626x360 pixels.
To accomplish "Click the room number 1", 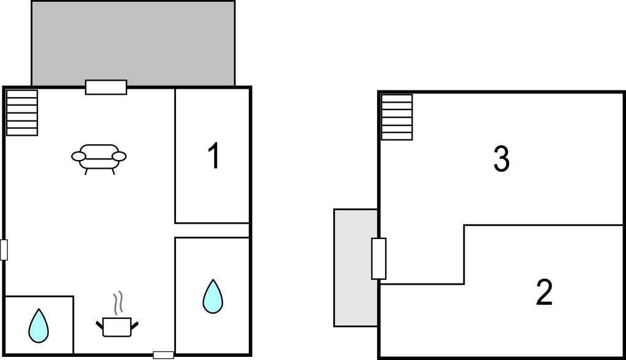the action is point(215,156).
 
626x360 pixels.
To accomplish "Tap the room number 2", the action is point(544,293).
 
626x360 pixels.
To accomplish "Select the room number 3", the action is point(501,159).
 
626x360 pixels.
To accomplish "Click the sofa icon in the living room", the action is point(99,159).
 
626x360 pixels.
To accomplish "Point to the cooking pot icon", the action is point(117,327).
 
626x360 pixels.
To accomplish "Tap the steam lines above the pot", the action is point(118,303).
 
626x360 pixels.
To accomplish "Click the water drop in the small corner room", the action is point(39,326).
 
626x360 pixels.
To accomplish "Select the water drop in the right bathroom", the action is point(213,296).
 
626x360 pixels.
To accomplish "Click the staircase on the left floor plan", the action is point(23,112).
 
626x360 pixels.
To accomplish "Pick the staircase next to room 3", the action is point(397,117).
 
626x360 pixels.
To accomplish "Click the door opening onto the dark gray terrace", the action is point(106,87).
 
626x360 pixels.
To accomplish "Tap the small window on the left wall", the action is point(4,250).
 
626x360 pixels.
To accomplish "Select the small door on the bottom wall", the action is point(164,355).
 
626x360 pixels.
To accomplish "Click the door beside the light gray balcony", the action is point(379,259).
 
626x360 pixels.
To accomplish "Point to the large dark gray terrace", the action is point(133,43).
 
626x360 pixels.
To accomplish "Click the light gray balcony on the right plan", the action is point(356,268).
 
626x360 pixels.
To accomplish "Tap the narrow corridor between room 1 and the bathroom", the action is point(212,230).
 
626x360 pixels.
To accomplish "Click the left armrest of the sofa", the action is point(79,156).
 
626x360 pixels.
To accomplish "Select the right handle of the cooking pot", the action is point(134,325).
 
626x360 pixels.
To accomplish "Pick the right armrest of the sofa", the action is point(119,156).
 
